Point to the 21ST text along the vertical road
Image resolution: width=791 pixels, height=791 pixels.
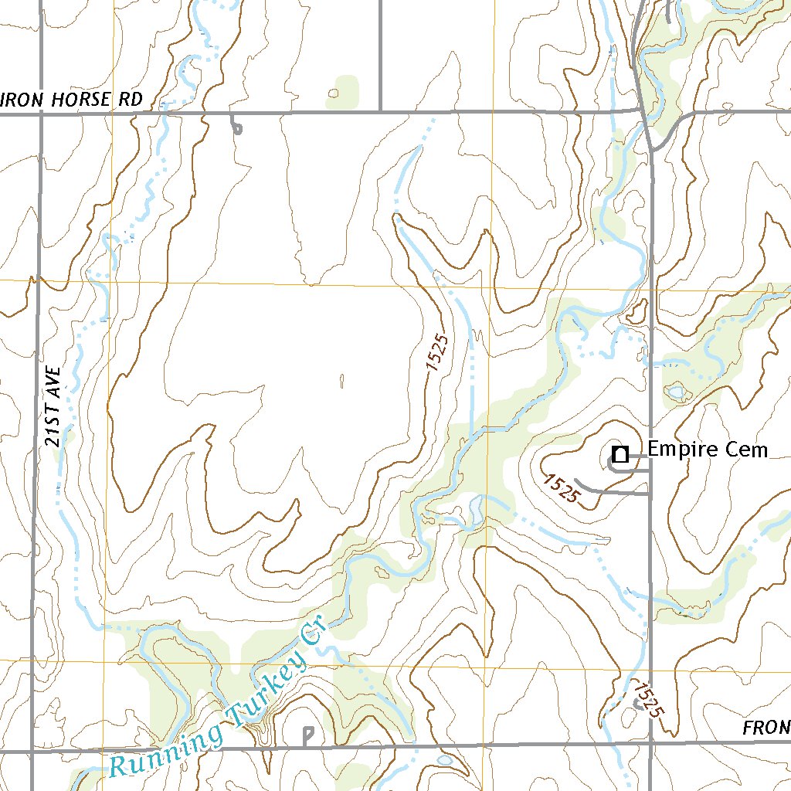(x=53, y=429)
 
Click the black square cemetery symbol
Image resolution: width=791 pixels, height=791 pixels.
(x=620, y=454)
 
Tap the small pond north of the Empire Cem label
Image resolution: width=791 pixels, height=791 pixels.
(x=676, y=392)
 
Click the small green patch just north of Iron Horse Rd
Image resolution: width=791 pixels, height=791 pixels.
(x=344, y=91)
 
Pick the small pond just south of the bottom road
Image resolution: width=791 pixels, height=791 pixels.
(x=445, y=761)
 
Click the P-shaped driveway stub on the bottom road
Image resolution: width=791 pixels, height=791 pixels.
(x=308, y=735)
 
